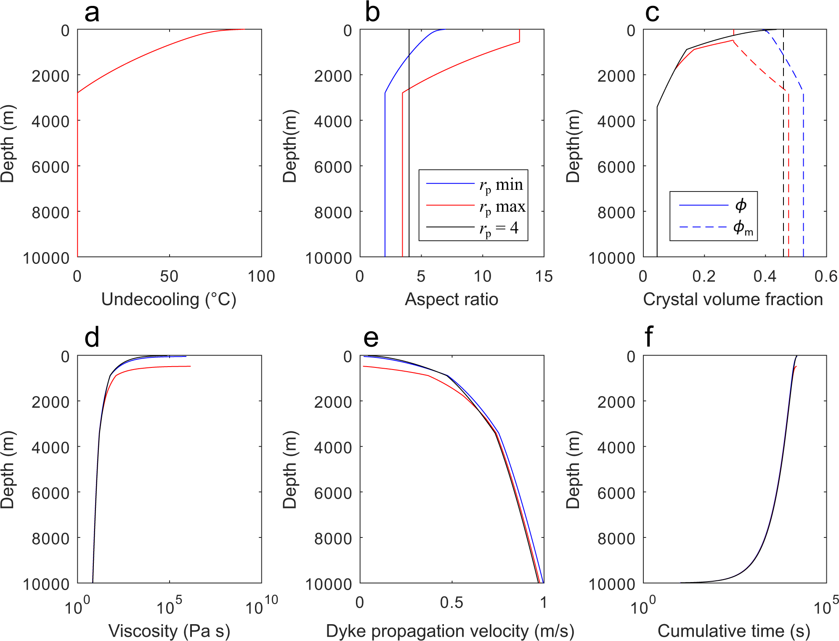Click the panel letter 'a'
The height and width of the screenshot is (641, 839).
tap(92, 13)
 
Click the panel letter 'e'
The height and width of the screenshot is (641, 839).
tap(371, 338)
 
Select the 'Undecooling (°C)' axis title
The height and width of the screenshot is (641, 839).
tap(169, 299)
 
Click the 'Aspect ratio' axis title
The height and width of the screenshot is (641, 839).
tap(451, 299)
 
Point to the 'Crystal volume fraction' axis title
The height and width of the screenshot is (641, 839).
tap(733, 299)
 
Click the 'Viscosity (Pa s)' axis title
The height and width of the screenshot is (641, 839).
tap(169, 631)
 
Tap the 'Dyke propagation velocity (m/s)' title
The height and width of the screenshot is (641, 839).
tap(450, 631)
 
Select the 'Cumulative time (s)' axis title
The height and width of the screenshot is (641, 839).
tap(734, 631)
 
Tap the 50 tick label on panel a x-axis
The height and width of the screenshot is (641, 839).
tap(169, 277)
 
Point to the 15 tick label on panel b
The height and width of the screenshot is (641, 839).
tap(544, 277)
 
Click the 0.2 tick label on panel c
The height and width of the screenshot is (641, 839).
tap(704, 277)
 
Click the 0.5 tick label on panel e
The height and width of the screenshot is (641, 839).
tap(451, 603)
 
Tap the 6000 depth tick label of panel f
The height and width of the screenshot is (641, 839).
tap(616, 493)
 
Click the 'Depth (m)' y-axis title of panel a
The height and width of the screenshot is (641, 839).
tap(8, 144)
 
